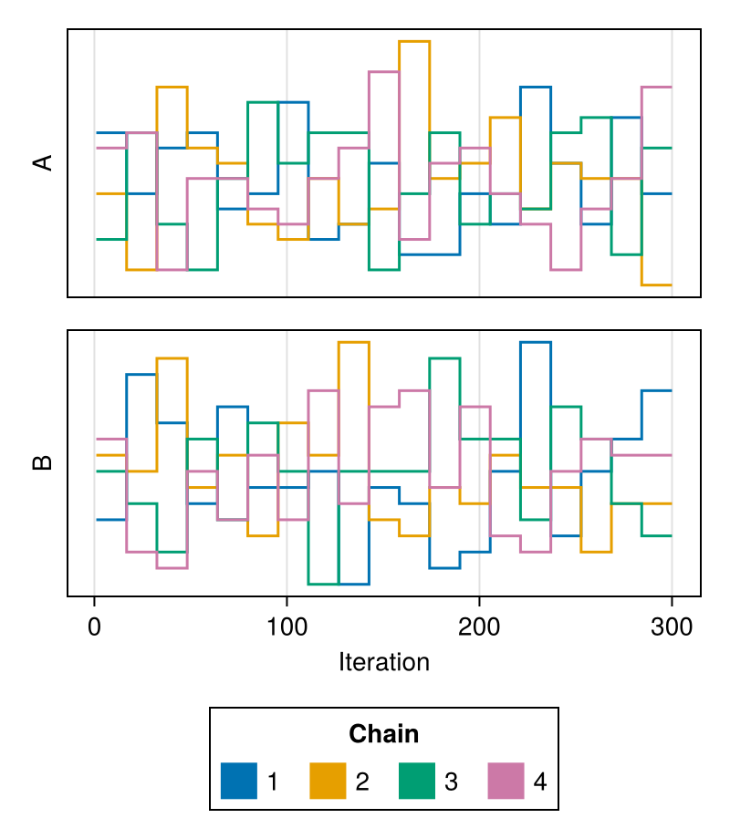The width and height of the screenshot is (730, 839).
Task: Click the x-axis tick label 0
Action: tap(94, 627)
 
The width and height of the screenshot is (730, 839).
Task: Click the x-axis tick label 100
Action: tap(287, 627)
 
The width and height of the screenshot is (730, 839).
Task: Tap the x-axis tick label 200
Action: tap(479, 627)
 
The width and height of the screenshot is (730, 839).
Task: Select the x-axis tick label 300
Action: tap(672, 627)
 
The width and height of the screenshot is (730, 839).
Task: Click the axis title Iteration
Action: tap(384, 662)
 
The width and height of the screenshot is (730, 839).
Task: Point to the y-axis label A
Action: tap(43, 162)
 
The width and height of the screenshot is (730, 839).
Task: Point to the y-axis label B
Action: tap(43, 463)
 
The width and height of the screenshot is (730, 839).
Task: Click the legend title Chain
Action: tap(383, 733)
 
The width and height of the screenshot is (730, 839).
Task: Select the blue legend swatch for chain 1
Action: tap(239, 781)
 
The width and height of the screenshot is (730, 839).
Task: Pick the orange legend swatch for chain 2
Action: tap(328, 781)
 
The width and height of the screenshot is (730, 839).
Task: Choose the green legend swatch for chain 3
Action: tap(417, 781)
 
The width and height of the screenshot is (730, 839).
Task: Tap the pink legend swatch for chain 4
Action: tap(506, 781)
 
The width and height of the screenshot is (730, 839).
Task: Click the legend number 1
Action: tap(273, 782)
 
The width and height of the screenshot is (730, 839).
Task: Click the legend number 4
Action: tap(540, 782)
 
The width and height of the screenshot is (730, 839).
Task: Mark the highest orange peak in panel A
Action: tap(414, 41)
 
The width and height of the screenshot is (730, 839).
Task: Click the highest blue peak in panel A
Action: tap(536, 87)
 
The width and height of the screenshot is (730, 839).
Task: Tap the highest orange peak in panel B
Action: tap(353, 342)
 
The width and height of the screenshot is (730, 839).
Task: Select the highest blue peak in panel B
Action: tap(536, 342)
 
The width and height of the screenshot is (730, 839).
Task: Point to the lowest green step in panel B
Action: tap(324, 584)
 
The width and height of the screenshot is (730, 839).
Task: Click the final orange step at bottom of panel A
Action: tap(657, 285)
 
